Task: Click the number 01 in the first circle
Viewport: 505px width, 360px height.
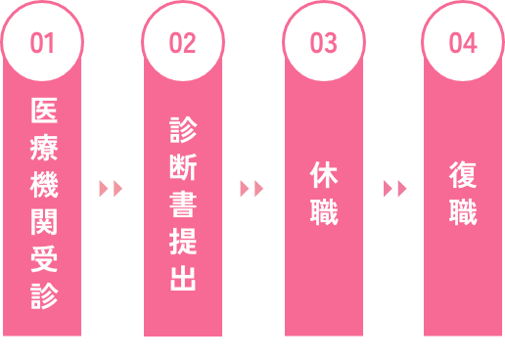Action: coord(43,43)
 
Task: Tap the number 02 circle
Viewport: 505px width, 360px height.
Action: coord(183,43)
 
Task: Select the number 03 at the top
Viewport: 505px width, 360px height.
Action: coord(323,43)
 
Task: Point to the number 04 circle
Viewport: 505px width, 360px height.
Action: coord(463,43)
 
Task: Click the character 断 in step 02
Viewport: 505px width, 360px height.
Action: coord(183,168)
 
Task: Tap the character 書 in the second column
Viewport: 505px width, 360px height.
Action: coord(183,204)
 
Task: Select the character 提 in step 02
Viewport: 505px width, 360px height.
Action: coord(183,242)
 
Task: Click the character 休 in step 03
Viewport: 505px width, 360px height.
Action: coord(323,174)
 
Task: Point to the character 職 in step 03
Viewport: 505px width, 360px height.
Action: coord(323,211)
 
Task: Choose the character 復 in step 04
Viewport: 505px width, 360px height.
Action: coord(463,174)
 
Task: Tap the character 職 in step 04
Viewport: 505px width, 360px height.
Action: coord(463,211)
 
